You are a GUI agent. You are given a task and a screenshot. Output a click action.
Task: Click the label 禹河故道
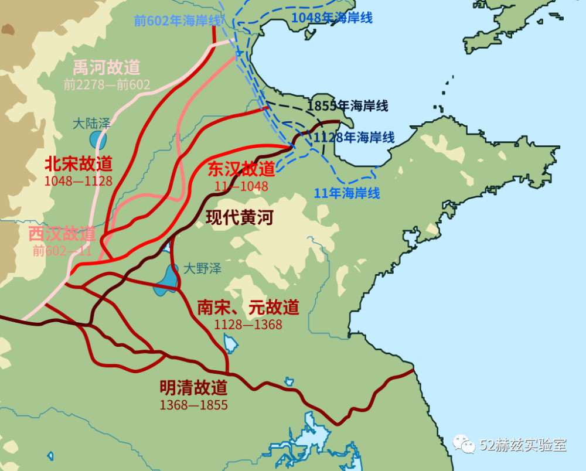107,67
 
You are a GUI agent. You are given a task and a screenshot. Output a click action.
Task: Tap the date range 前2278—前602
107,85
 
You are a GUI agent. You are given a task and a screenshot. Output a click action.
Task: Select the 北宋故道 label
79,163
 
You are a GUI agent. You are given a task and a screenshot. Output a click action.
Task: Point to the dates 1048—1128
79,180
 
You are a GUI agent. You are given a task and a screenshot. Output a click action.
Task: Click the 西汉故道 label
62,234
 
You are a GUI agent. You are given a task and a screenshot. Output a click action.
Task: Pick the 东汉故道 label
241,169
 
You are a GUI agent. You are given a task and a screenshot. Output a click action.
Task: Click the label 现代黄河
240,218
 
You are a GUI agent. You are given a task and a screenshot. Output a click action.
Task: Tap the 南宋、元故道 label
248,307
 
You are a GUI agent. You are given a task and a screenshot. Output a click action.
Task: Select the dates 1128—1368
248,325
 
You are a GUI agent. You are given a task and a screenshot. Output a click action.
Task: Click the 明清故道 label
193,387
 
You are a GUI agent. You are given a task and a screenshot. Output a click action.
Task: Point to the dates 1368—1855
193,405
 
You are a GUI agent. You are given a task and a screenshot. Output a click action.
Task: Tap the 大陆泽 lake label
91,124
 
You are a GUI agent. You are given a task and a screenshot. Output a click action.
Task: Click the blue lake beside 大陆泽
98,141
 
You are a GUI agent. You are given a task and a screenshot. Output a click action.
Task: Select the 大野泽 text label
202,269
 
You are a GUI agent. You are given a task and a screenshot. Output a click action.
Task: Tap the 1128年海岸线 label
353,138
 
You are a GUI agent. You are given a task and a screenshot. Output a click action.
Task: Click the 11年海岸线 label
347,193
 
